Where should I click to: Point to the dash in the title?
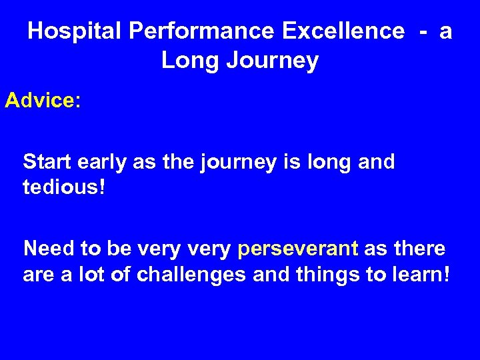pyautogui.click(x=422, y=31)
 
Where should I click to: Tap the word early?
pyautogui.click(x=100, y=163)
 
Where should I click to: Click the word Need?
pyautogui.click(x=48, y=249)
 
